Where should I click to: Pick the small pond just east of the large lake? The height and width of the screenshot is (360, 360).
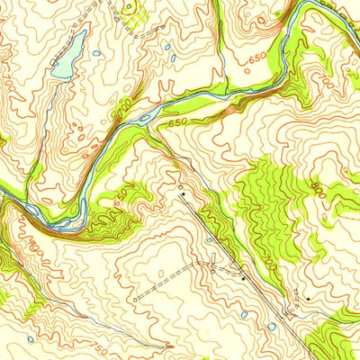[97, 53]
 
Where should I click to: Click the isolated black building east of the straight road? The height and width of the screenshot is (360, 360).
[307, 298]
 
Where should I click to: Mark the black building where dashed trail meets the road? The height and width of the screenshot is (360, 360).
[242, 280]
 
